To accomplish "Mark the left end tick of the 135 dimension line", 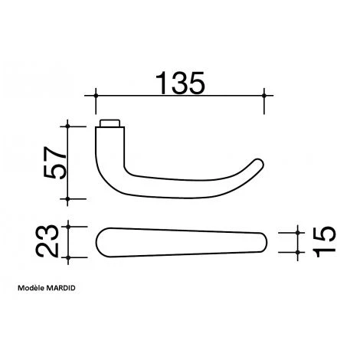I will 97,95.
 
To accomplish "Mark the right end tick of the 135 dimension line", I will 264,95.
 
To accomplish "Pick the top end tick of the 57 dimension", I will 69,124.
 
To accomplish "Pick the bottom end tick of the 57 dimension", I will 69,198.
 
